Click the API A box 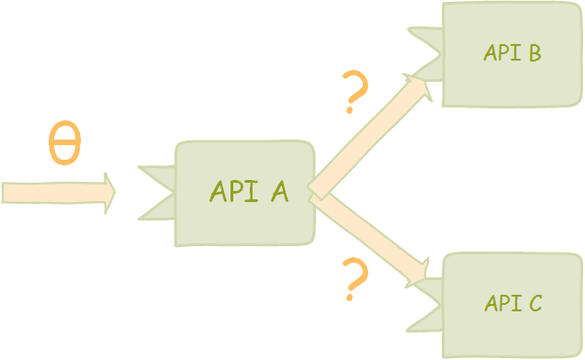click(x=245, y=193)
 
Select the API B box click(x=512, y=53)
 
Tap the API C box click(x=512, y=304)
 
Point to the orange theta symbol click(x=64, y=143)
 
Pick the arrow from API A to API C click(x=367, y=237)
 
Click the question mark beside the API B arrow click(x=354, y=91)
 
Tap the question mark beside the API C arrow click(x=354, y=279)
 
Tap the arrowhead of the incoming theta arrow click(x=108, y=193)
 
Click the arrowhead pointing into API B click(x=419, y=87)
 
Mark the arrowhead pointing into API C click(x=419, y=275)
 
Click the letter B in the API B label click(x=533, y=53)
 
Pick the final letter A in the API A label click(x=278, y=192)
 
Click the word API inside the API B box click(x=501, y=53)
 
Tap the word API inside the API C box click(x=501, y=303)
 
